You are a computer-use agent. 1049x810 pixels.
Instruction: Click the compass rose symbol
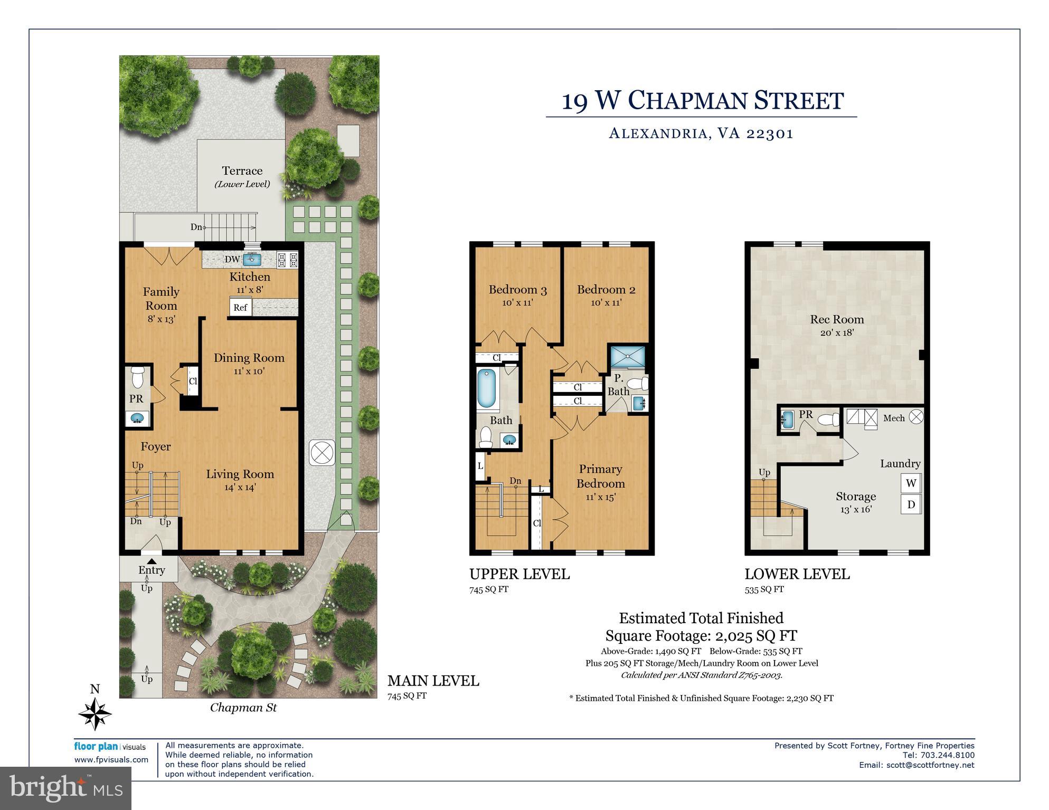point(95,713)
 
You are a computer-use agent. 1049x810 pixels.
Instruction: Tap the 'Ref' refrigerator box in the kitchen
point(240,308)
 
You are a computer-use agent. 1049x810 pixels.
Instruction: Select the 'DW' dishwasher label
point(232,260)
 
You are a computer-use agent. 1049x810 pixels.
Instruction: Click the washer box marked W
point(911,483)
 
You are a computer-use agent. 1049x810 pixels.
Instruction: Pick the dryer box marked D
point(911,504)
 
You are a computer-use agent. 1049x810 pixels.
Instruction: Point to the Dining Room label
point(249,358)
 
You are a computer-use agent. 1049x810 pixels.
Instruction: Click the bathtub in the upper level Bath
point(487,390)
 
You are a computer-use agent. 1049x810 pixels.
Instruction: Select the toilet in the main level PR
point(137,377)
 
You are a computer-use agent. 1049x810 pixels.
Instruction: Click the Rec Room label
point(837,320)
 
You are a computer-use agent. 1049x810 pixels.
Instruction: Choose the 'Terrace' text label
point(242,171)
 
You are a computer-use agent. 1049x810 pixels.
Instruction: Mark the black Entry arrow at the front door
point(152,561)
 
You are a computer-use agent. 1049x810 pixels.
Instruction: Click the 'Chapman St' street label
point(243,708)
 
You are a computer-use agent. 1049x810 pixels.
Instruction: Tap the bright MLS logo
point(65,788)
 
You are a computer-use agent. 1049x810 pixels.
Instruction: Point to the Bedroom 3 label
point(517,290)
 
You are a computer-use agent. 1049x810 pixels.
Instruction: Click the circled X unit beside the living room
point(322,452)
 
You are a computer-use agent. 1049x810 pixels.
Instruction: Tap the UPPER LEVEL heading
point(519,575)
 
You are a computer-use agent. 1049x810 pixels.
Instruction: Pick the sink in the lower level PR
point(787,420)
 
